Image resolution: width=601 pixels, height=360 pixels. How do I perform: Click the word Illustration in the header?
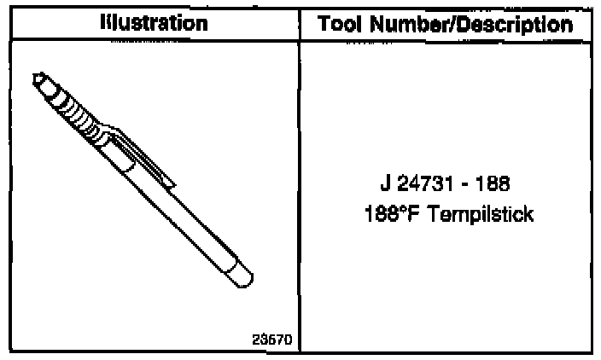coord(154,23)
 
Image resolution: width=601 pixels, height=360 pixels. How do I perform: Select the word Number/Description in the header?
coord(471,26)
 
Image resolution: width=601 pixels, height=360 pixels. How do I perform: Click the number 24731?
coord(425,183)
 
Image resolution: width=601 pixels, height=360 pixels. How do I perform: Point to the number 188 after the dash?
coord(493,183)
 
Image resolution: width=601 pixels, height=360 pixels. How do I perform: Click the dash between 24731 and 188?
coord(464,185)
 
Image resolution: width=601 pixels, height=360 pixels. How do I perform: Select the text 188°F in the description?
coord(391,214)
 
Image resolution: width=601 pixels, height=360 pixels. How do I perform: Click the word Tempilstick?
coord(480,214)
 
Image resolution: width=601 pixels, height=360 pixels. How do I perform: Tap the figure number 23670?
coord(272,340)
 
